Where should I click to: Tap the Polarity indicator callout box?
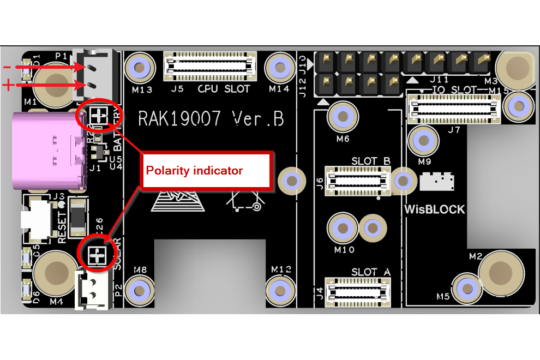(x=206, y=171)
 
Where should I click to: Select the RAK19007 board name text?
(x=211, y=118)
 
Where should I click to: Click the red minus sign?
(x=7, y=67)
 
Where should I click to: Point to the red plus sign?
(x=8, y=85)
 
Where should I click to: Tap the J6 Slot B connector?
(x=357, y=179)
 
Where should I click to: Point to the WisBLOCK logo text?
(x=435, y=209)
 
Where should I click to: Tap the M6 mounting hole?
(x=343, y=116)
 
